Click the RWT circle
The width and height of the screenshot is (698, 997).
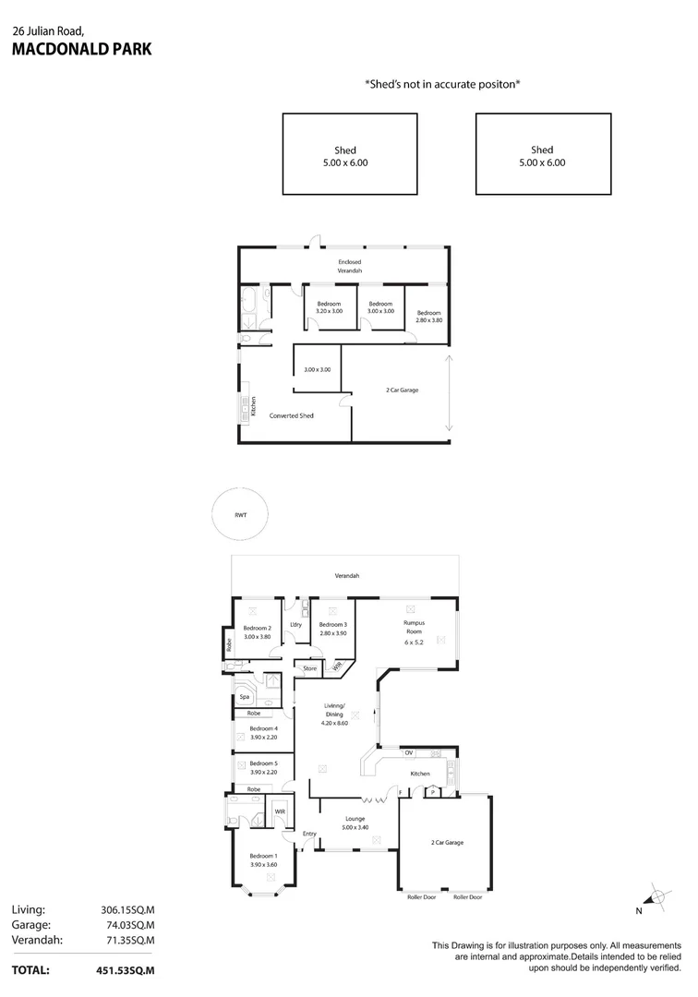tap(241, 514)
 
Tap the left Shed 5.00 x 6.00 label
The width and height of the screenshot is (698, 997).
tap(345, 156)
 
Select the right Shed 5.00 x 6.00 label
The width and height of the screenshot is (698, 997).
tap(542, 156)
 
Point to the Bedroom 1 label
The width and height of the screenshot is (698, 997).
tap(263, 860)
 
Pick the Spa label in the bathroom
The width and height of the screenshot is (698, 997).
tap(244, 697)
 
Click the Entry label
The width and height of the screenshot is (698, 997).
tap(309, 834)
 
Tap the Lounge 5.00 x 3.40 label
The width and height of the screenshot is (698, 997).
tap(355, 823)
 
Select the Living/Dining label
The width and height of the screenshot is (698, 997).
tap(334, 715)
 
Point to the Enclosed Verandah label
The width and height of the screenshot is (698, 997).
tap(349, 266)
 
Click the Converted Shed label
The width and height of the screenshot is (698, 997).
tap(291, 415)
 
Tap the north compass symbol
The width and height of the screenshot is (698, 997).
tap(656, 895)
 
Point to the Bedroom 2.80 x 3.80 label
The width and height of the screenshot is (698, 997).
tap(428, 316)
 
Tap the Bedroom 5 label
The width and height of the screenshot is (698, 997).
tap(263, 768)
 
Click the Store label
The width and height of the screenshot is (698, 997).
tap(310, 668)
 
